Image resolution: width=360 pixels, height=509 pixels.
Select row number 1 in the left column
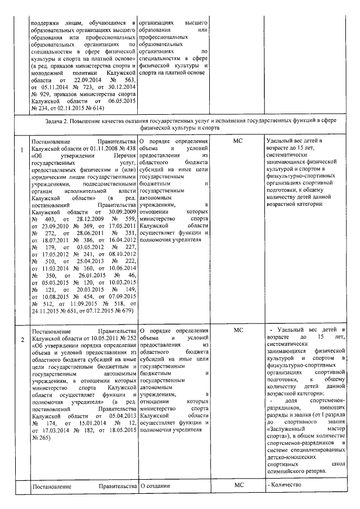[x=22, y=149]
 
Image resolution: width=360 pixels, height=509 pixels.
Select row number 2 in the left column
[x=22, y=340]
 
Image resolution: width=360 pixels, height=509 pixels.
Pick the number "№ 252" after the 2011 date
[x=127, y=337]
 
